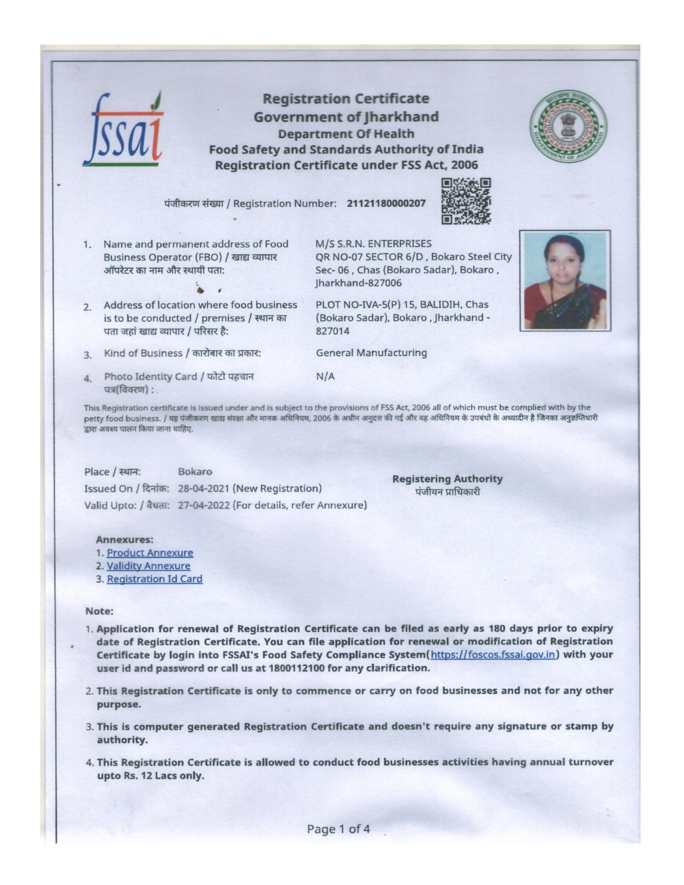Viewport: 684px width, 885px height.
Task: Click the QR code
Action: coord(466,202)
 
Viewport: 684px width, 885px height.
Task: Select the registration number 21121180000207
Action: coord(386,204)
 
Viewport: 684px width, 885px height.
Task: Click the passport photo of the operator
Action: coord(565,281)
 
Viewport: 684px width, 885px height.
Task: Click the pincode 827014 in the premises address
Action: coord(332,331)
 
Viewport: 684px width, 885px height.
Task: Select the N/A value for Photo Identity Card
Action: coord(325,377)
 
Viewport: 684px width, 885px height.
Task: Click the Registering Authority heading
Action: coord(447,479)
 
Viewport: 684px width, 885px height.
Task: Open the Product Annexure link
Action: coord(150,553)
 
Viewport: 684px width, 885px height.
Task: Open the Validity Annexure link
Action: coord(148,566)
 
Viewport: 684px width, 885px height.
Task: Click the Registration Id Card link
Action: coord(155,579)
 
